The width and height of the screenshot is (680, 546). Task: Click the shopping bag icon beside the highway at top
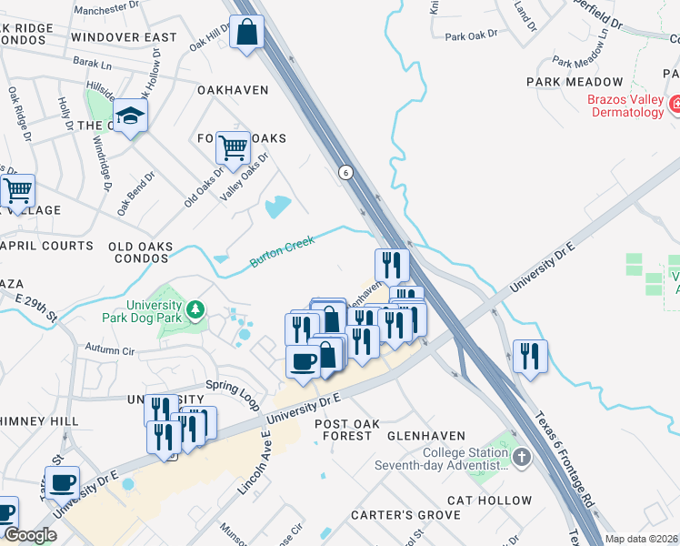tap(247, 34)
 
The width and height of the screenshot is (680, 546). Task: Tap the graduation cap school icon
tap(131, 115)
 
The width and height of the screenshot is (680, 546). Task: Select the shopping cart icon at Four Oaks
tap(234, 146)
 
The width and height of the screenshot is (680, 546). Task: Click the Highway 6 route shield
tap(345, 171)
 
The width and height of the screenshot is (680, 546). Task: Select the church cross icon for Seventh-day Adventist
tap(522, 457)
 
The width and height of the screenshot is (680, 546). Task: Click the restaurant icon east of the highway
tap(529, 355)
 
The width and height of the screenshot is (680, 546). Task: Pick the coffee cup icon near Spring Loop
tap(303, 360)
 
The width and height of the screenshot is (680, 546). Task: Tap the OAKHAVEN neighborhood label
tap(233, 90)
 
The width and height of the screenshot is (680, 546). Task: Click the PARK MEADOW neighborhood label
tap(566, 82)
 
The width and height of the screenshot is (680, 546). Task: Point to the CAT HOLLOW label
tap(489, 500)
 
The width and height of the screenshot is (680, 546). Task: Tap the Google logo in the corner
tap(30, 535)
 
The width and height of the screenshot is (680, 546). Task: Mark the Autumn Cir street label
tap(109, 349)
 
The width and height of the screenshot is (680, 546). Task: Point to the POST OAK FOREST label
tap(343, 430)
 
